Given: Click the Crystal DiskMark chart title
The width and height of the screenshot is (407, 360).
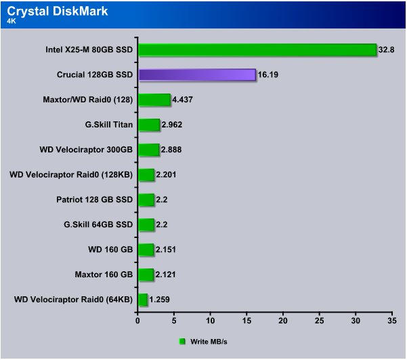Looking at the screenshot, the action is point(58,12).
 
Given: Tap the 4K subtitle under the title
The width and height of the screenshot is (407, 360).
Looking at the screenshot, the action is point(12,21).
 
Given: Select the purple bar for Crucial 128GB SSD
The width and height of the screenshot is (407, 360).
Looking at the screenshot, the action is point(197,75).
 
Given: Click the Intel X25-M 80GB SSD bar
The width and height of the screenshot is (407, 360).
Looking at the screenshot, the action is point(257,49).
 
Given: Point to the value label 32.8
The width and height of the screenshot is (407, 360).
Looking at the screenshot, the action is point(386,49).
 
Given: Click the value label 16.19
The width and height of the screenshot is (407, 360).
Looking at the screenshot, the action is point(268,75).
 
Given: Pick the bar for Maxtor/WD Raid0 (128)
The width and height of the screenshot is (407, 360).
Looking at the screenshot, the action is point(154,100).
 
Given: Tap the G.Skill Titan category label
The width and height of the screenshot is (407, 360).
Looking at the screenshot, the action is point(109,125).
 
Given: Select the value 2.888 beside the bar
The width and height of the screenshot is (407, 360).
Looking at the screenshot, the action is point(171,149).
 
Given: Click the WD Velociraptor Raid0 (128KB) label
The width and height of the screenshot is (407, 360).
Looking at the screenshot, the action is point(71,175).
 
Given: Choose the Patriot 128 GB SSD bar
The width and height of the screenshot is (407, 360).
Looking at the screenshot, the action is point(147,199).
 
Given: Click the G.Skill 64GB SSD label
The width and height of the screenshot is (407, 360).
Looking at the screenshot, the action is point(98,224).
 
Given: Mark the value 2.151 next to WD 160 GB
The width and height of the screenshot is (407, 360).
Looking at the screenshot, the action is point(166,249).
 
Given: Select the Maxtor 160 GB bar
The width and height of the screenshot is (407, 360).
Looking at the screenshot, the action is point(146,275).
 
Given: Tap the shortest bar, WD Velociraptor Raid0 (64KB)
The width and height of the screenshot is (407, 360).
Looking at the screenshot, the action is point(144,300).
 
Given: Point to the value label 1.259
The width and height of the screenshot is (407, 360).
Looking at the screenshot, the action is point(159,300).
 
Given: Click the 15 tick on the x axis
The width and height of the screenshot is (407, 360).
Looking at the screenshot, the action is point(247,321).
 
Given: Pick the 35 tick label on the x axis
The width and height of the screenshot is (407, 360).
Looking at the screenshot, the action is point(392,321).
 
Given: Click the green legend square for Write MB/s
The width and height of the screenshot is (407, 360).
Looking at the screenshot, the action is point(182,342).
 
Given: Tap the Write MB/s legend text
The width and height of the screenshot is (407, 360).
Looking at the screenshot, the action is point(209,342).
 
